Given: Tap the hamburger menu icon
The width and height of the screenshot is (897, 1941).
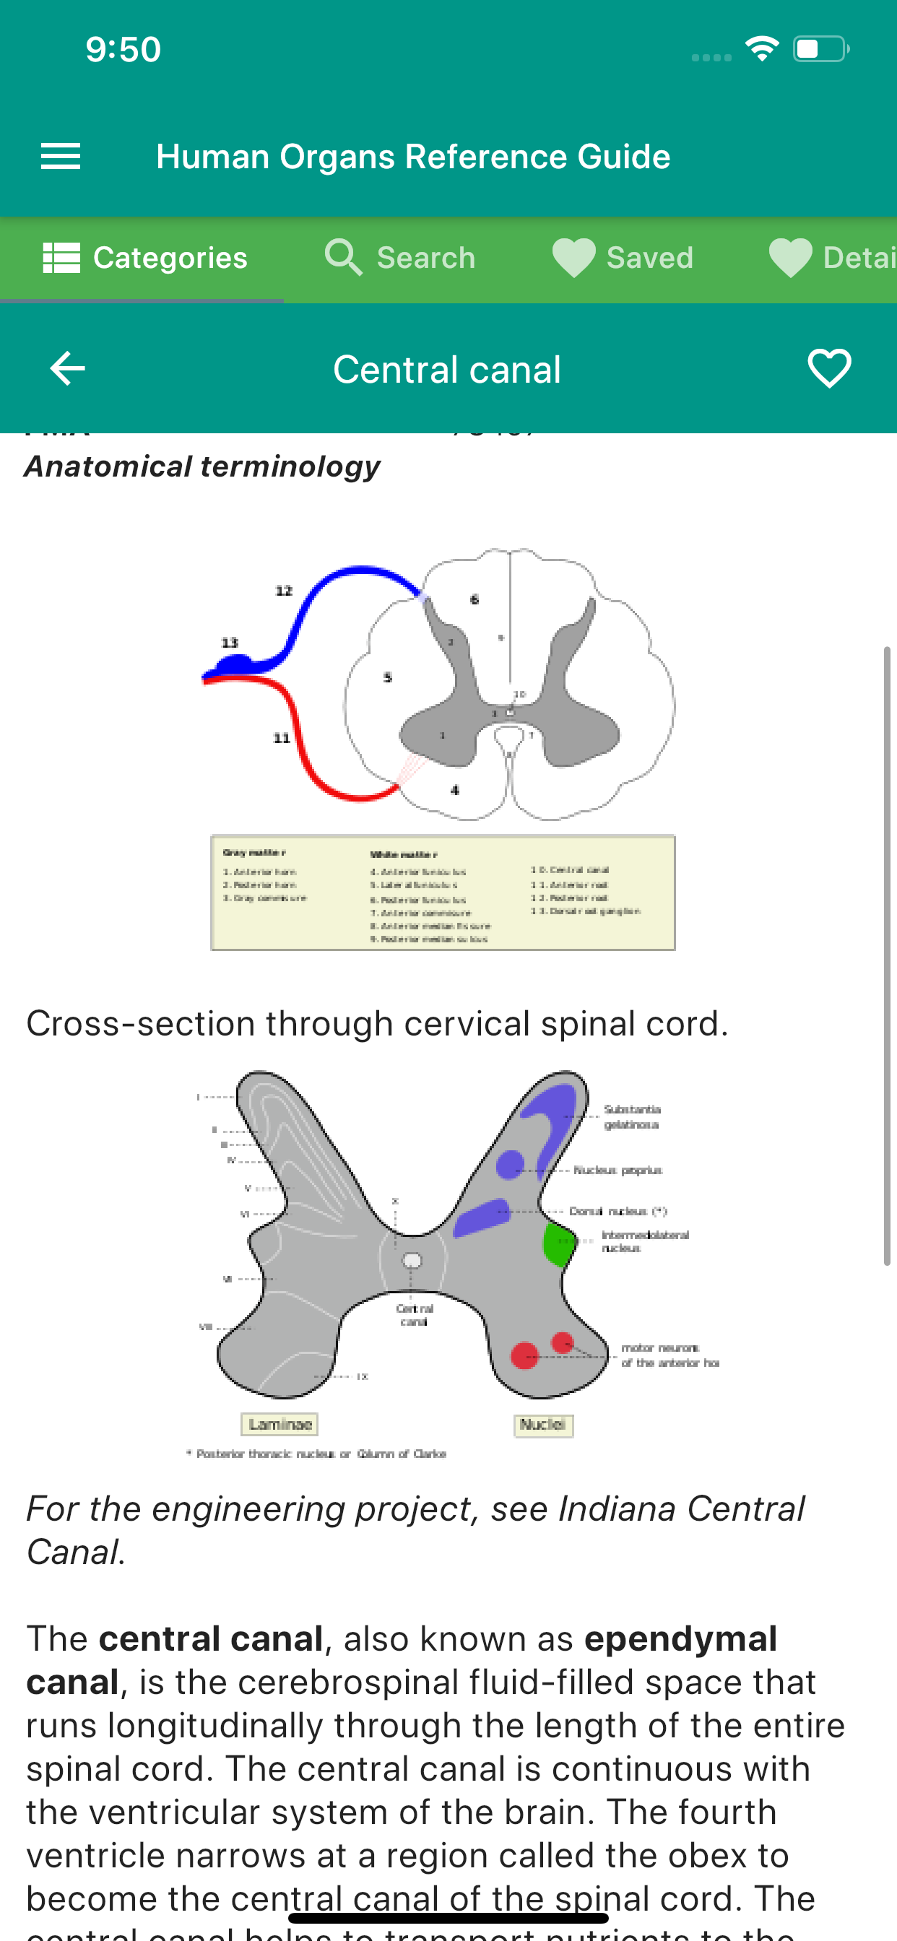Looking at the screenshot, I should (60, 156).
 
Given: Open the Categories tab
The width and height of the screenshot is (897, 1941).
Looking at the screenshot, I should (144, 258).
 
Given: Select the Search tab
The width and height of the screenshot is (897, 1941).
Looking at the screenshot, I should (400, 258).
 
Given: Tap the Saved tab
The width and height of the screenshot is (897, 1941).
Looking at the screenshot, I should (623, 258).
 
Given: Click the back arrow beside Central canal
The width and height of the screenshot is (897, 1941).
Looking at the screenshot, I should (67, 368).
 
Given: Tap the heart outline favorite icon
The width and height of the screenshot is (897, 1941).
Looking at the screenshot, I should (829, 368).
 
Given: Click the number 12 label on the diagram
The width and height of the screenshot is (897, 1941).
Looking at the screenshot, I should (283, 591).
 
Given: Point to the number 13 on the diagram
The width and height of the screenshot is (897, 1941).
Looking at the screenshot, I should (230, 643).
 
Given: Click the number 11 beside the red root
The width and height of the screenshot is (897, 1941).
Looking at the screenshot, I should (282, 738).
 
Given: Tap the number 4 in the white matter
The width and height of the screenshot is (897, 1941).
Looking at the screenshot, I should (454, 790).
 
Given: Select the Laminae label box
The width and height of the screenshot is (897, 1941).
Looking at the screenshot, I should (279, 1424).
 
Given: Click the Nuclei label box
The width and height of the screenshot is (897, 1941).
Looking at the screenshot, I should (542, 1424).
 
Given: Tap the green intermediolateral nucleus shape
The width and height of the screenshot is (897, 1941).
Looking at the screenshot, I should (558, 1245).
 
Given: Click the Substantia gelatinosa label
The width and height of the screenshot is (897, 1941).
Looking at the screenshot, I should (633, 1116).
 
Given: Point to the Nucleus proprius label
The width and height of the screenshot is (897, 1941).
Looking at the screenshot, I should (618, 1171).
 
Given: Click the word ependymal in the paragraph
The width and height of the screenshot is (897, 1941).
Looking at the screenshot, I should (680, 1639).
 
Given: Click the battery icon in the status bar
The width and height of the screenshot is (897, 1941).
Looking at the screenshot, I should (820, 49).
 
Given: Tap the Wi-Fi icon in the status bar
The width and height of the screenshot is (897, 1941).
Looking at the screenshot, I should (762, 49).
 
